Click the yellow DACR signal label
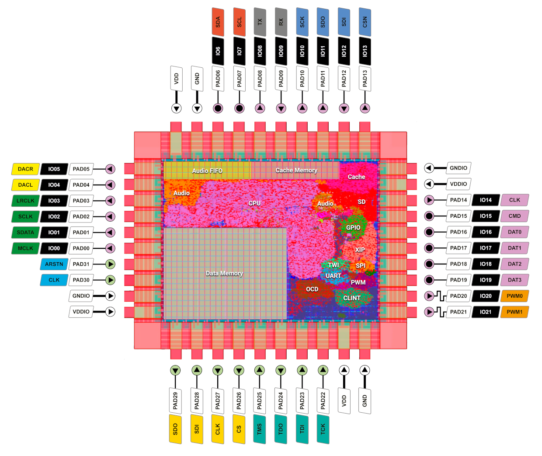[x=25, y=169]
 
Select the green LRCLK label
[x=25, y=201]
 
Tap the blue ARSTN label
[x=54, y=264]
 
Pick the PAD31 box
[x=81, y=264]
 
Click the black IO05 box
[x=54, y=169]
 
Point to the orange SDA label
[x=218, y=22]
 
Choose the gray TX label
[x=260, y=22]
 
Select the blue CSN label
[x=365, y=22]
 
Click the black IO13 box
[x=365, y=52]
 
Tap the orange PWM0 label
[x=514, y=296]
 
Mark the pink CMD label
[x=514, y=216]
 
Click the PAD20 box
[x=459, y=296]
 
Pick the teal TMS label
[x=260, y=429]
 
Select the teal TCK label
[x=323, y=429]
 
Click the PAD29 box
[x=175, y=400]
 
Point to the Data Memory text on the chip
[x=224, y=273]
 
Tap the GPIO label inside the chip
[x=353, y=227]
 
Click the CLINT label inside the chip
[x=352, y=298]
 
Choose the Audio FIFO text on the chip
[x=207, y=171]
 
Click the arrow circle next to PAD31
[x=111, y=264]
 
